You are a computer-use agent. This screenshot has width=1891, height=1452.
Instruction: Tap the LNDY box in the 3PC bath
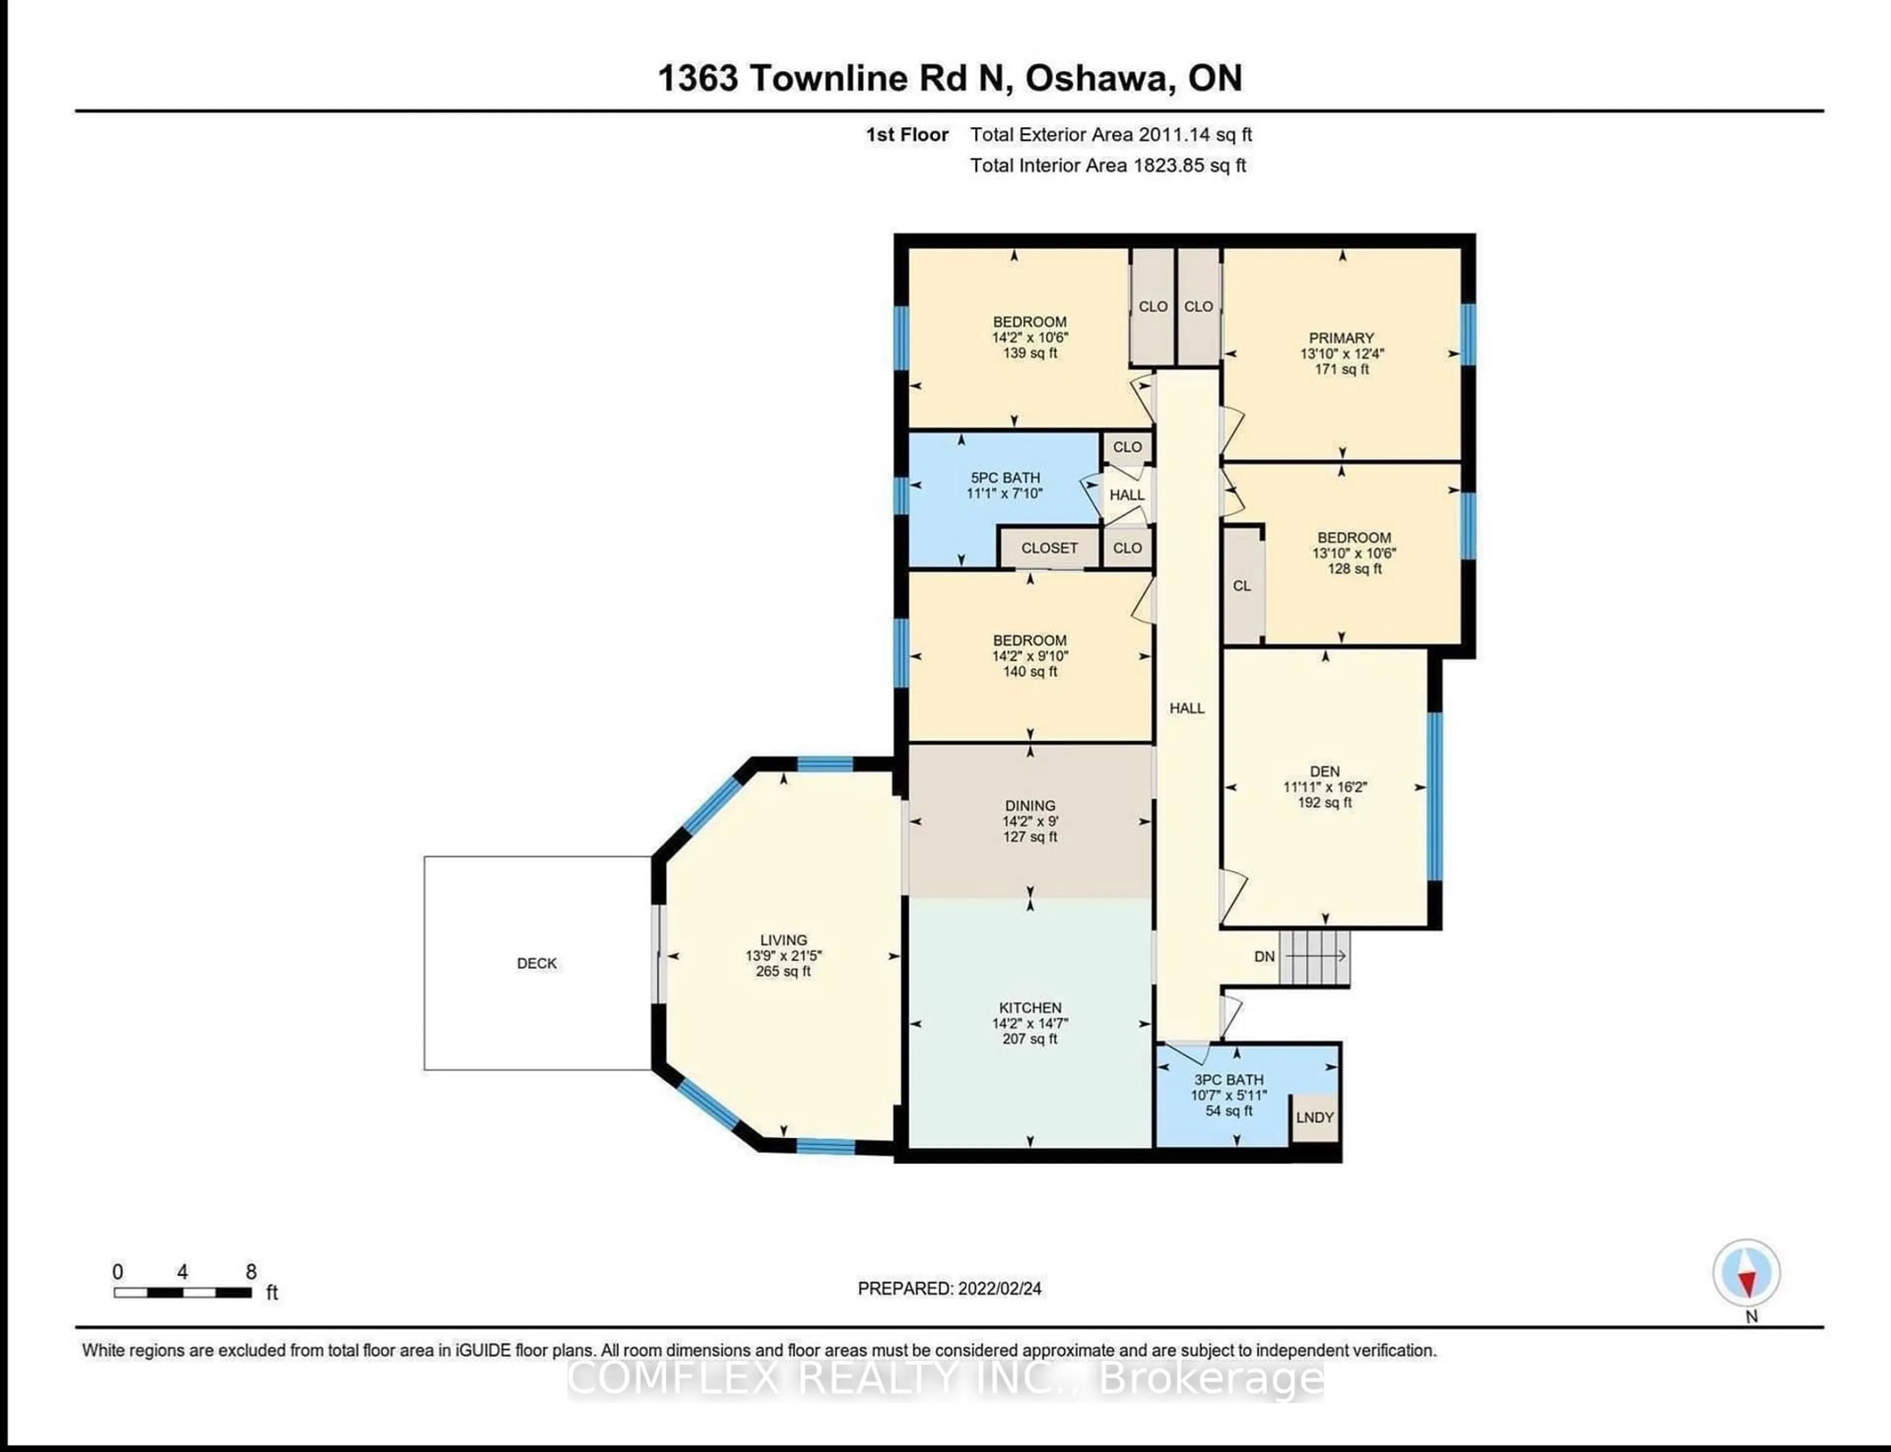(x=1314, y=1118)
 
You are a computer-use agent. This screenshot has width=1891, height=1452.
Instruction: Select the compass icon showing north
(x=1746, y=1273)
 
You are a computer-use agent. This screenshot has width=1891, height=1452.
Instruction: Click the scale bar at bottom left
(x=182, y=1293)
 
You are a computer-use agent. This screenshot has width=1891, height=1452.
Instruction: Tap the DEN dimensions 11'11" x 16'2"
(x=1325, y=788)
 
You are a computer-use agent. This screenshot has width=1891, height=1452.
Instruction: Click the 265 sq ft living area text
(x=783, y=971)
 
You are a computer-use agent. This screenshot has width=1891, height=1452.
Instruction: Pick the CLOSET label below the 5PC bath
(x=1049, y=548)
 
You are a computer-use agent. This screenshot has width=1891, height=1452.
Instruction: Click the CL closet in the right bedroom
(x=1242, y=586)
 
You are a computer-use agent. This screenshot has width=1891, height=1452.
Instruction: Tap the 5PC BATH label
(x=1005, y=478)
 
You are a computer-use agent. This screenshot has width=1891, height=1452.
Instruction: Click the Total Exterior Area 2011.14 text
(x=1110, y=135)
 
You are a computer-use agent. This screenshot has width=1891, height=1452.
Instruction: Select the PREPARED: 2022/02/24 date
(x=949, y=1288)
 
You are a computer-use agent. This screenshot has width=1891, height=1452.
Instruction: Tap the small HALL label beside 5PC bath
(x=1127, y=495)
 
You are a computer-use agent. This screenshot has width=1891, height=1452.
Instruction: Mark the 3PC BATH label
(x=1228, y=1080)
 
